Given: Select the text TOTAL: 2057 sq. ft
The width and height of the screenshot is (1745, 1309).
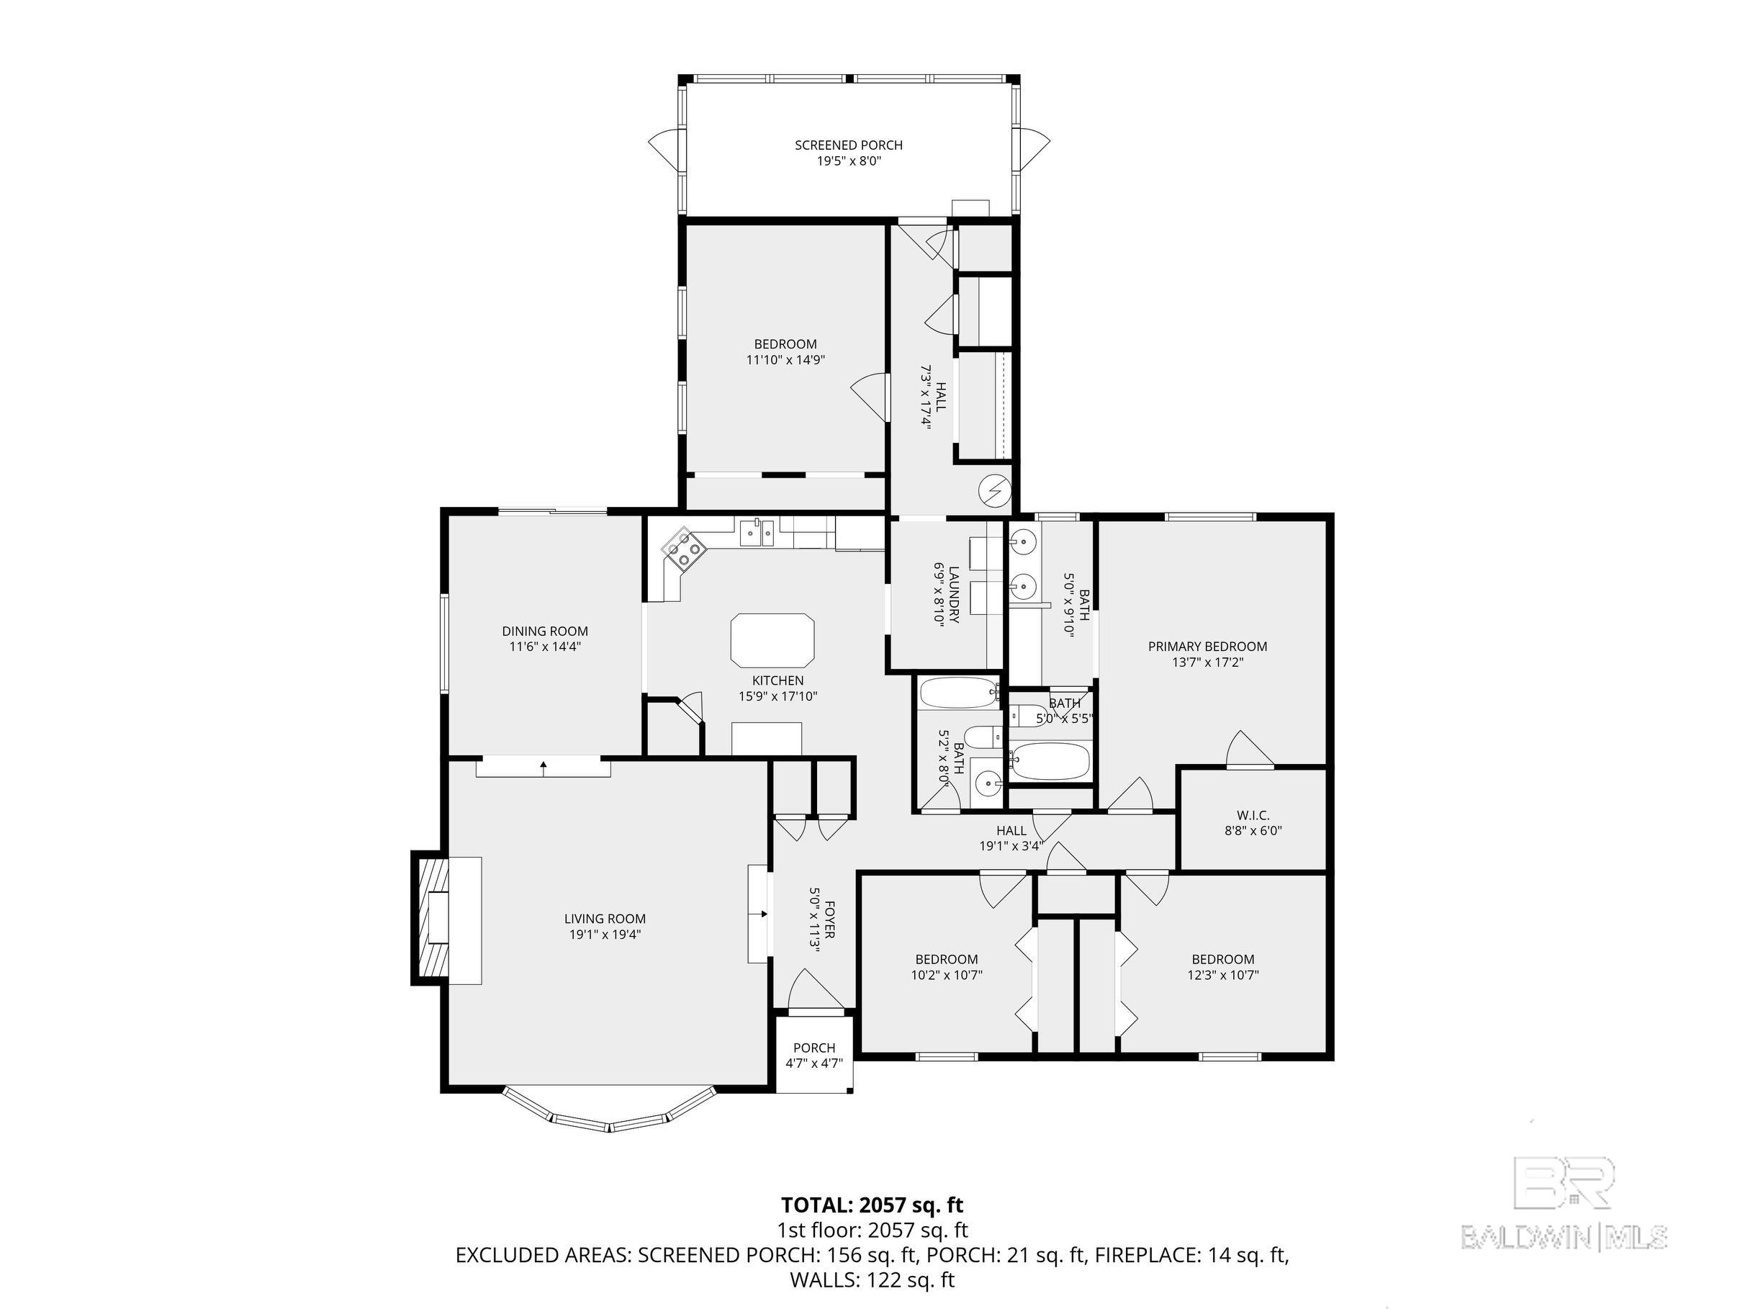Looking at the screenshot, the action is (x=872, y=1205).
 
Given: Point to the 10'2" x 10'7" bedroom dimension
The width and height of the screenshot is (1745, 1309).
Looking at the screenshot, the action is (x=947, y=974).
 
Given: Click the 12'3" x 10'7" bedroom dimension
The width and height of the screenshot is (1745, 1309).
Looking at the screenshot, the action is (x=1223, y=974).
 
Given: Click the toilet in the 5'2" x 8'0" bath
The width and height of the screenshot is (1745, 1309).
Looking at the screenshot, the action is (x=983, y=738).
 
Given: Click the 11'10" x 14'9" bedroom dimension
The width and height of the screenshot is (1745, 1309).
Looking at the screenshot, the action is (x=785, y=360).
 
